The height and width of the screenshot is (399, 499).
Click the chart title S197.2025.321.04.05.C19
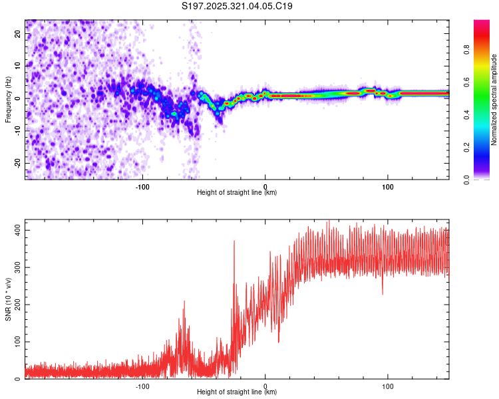[238, 7]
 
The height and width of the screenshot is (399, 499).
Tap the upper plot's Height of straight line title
[237, 192]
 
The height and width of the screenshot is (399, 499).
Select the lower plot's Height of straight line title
[237, 392]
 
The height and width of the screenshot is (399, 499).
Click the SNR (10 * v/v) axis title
[8, 299]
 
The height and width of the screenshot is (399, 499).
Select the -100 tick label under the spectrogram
[142, 186]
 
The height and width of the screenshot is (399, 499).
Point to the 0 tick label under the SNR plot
[265, 385]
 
